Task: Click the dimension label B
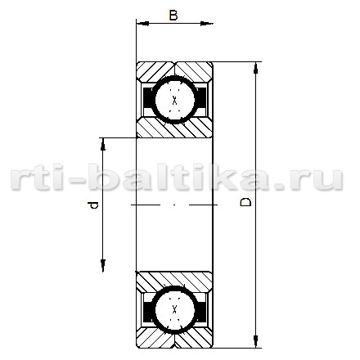[x=173, y=16]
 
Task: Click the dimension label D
[x=245, y=202]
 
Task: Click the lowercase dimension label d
[x=92, y=205]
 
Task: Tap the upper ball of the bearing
[x=175, y=100]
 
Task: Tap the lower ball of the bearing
[x=175, y=310]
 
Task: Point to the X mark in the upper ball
[x=175, y=101]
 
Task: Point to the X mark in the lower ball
[x=175, y=309]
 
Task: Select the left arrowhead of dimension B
[x=142, y=24]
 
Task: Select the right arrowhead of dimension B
[x=206, y=24]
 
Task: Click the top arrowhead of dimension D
[x=255, y=68]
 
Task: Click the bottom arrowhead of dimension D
[x=255, y=342]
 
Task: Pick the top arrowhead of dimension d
[x=103, y=144]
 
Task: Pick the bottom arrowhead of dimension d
[x=103, y=265]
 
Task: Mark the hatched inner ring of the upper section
[x=174, y=128]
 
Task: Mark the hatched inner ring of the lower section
[x=174, y=281]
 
